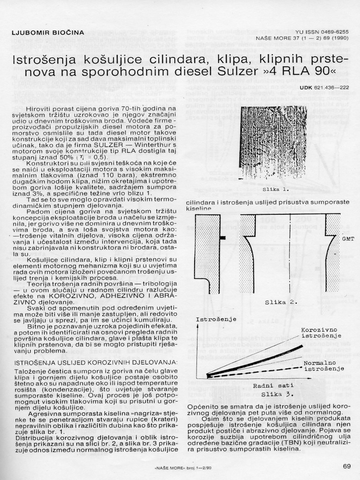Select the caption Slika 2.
[281, 302]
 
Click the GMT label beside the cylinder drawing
[348, 239]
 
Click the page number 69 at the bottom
[346, 466]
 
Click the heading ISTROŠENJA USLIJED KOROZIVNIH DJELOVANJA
[96, 363]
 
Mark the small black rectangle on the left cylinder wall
[222, 238]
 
